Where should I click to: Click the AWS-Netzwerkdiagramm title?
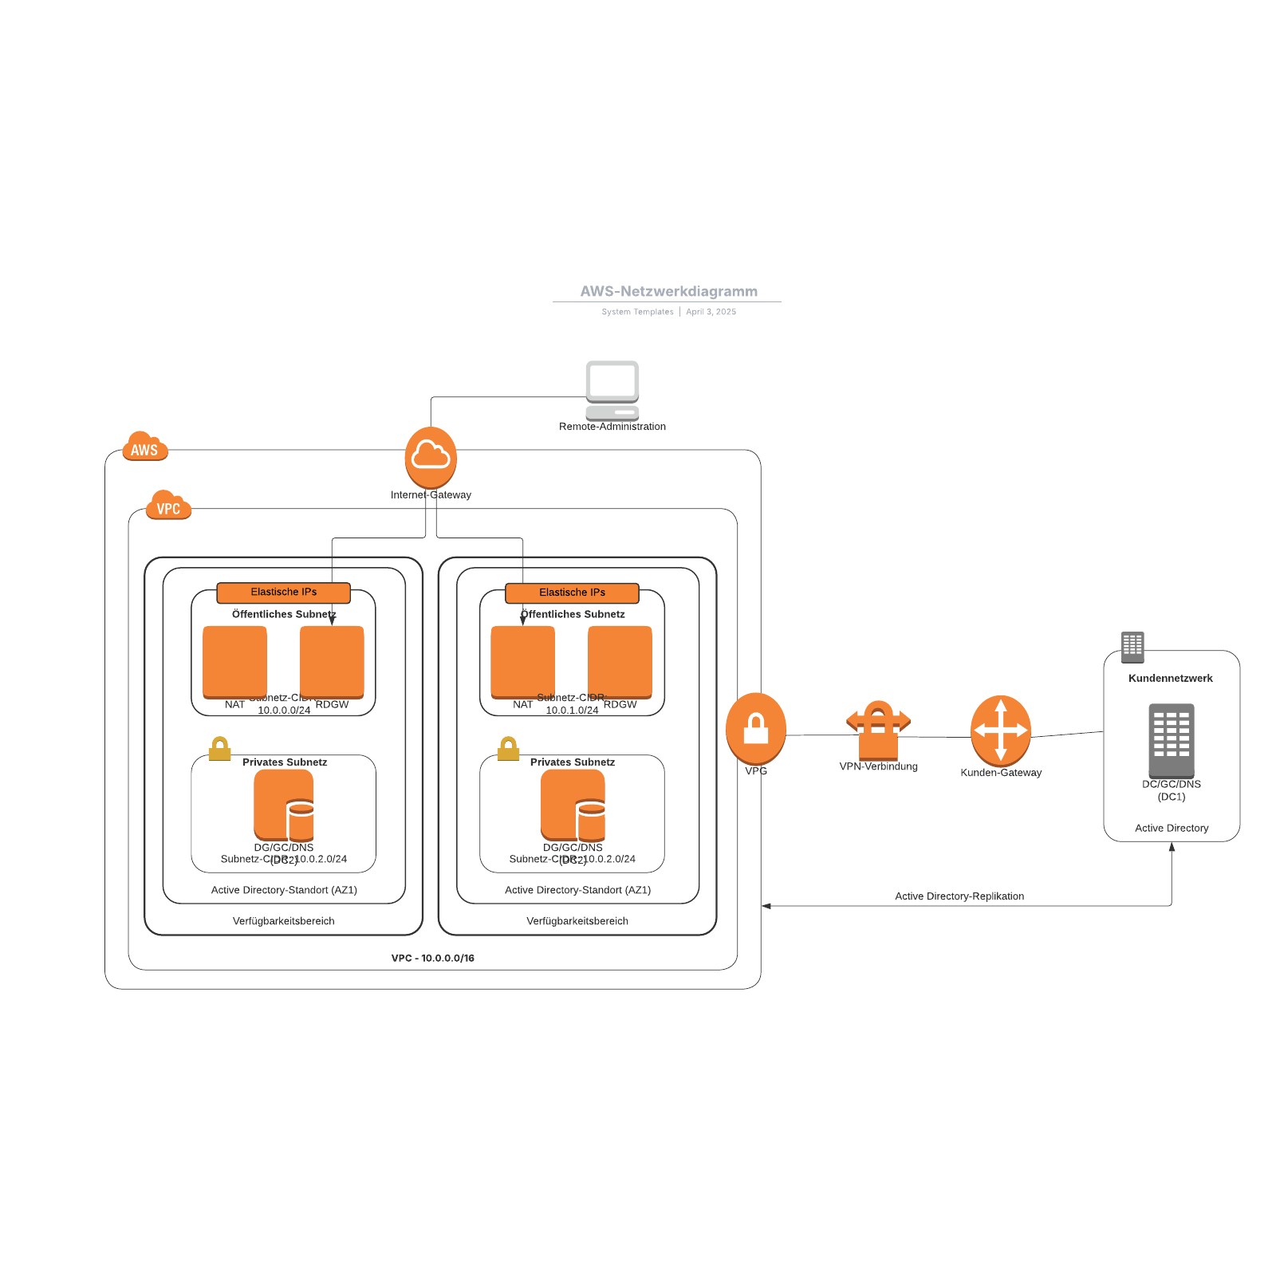(x=668, y=291)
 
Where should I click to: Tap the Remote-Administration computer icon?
(x=612, y=390)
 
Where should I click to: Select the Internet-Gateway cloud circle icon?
(x=431, y=457)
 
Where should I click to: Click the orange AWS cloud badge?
(x=144, y=447)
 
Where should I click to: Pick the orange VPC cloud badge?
(x=168, y=506)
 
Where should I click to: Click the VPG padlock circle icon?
(x=755, y=728)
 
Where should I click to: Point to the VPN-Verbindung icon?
(x=878, y=729)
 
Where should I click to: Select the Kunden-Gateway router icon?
(x=1000, y=730)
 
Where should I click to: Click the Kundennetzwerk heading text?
(x=1170, y=679)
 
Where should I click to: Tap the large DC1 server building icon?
(x=1171, y=740)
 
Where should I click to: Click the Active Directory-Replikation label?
(x=959, y=896)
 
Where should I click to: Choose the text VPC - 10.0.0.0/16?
(x=432, y=958)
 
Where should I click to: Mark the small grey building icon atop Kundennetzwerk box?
(x=1132, y=647)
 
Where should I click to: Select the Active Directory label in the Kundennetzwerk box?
(x=1171, y=829)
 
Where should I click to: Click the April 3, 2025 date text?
(x=711, y=312)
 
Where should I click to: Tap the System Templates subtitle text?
(x=637, y=312)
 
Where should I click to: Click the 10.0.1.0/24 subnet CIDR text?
(x=572, y=711)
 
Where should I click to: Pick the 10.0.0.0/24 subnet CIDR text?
(x=284, y=711)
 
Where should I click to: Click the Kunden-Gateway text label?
(x=1000, y=773)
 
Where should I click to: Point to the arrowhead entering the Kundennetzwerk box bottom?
(x=1172, y=847)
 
